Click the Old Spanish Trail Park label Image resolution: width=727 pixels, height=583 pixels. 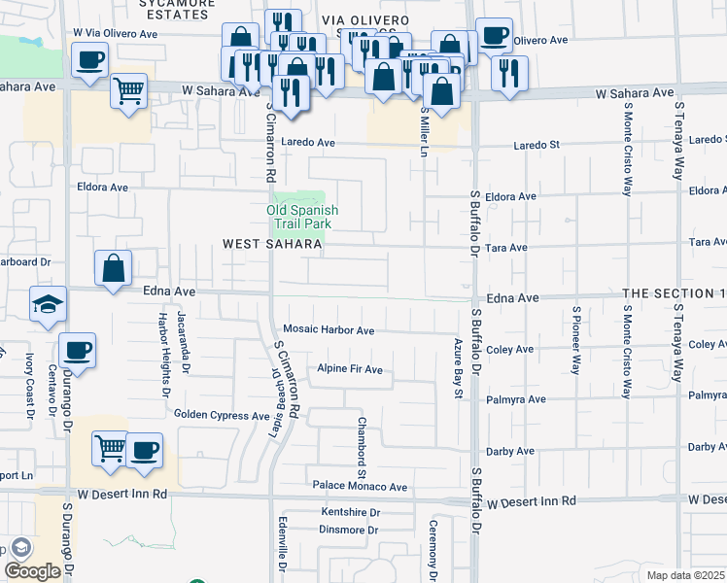[303, 217]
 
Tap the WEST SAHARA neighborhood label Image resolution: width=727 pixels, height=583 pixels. [272, 245]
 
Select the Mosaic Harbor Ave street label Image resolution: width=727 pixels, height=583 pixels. [329, 331]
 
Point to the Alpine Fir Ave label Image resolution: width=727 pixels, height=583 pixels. [350, 370]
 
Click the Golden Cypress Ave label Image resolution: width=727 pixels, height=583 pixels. [222, 415]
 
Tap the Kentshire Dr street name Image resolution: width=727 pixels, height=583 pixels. [349, 512]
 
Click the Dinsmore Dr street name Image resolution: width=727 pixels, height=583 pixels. [348, 530]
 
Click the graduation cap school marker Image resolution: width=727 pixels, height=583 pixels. [49, 303]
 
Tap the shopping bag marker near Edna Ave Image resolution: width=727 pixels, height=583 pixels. [114, 267]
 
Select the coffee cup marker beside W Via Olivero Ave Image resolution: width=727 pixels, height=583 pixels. [89, 60]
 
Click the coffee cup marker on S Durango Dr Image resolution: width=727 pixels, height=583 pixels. [77, 350]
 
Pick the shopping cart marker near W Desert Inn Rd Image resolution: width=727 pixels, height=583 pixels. [110, 450]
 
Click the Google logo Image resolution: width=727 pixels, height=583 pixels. [33, 571]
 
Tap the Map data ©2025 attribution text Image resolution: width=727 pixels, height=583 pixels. [685, 575]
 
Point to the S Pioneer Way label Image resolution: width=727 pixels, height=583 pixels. [575, 340]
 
